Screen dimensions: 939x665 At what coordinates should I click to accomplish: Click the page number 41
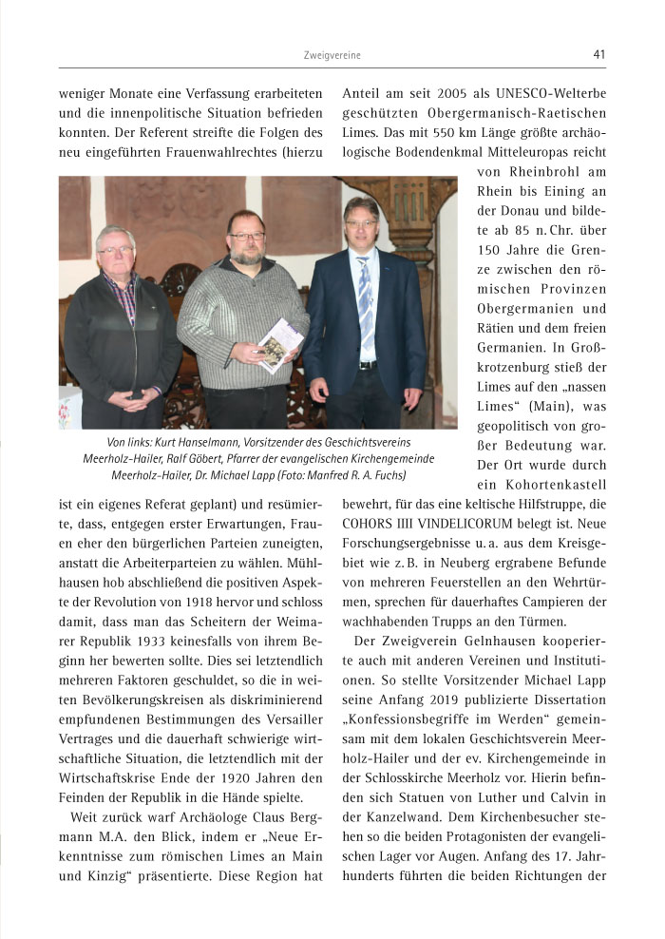point(598,54)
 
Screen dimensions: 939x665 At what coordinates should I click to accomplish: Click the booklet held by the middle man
point(281,344)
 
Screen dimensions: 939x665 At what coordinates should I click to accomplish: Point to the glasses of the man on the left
point(117,250)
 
